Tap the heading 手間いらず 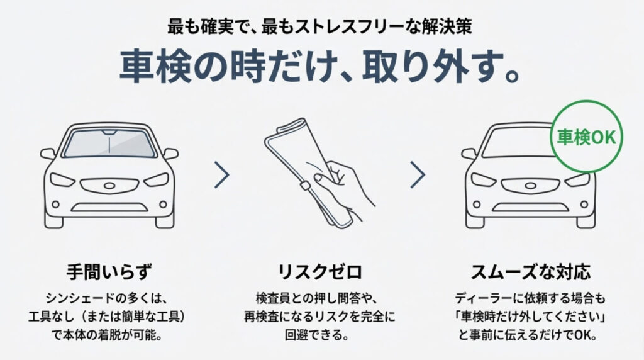point(109,273)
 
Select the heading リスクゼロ point(320,273)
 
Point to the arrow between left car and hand point(221,175)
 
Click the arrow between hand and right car point(418,175)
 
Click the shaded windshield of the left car point(109,145)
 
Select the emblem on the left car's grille point(109,187)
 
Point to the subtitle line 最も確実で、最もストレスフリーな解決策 point(320,28)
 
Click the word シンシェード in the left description point(80,297)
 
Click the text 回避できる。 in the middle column point(320,334)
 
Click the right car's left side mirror point(469,154)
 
